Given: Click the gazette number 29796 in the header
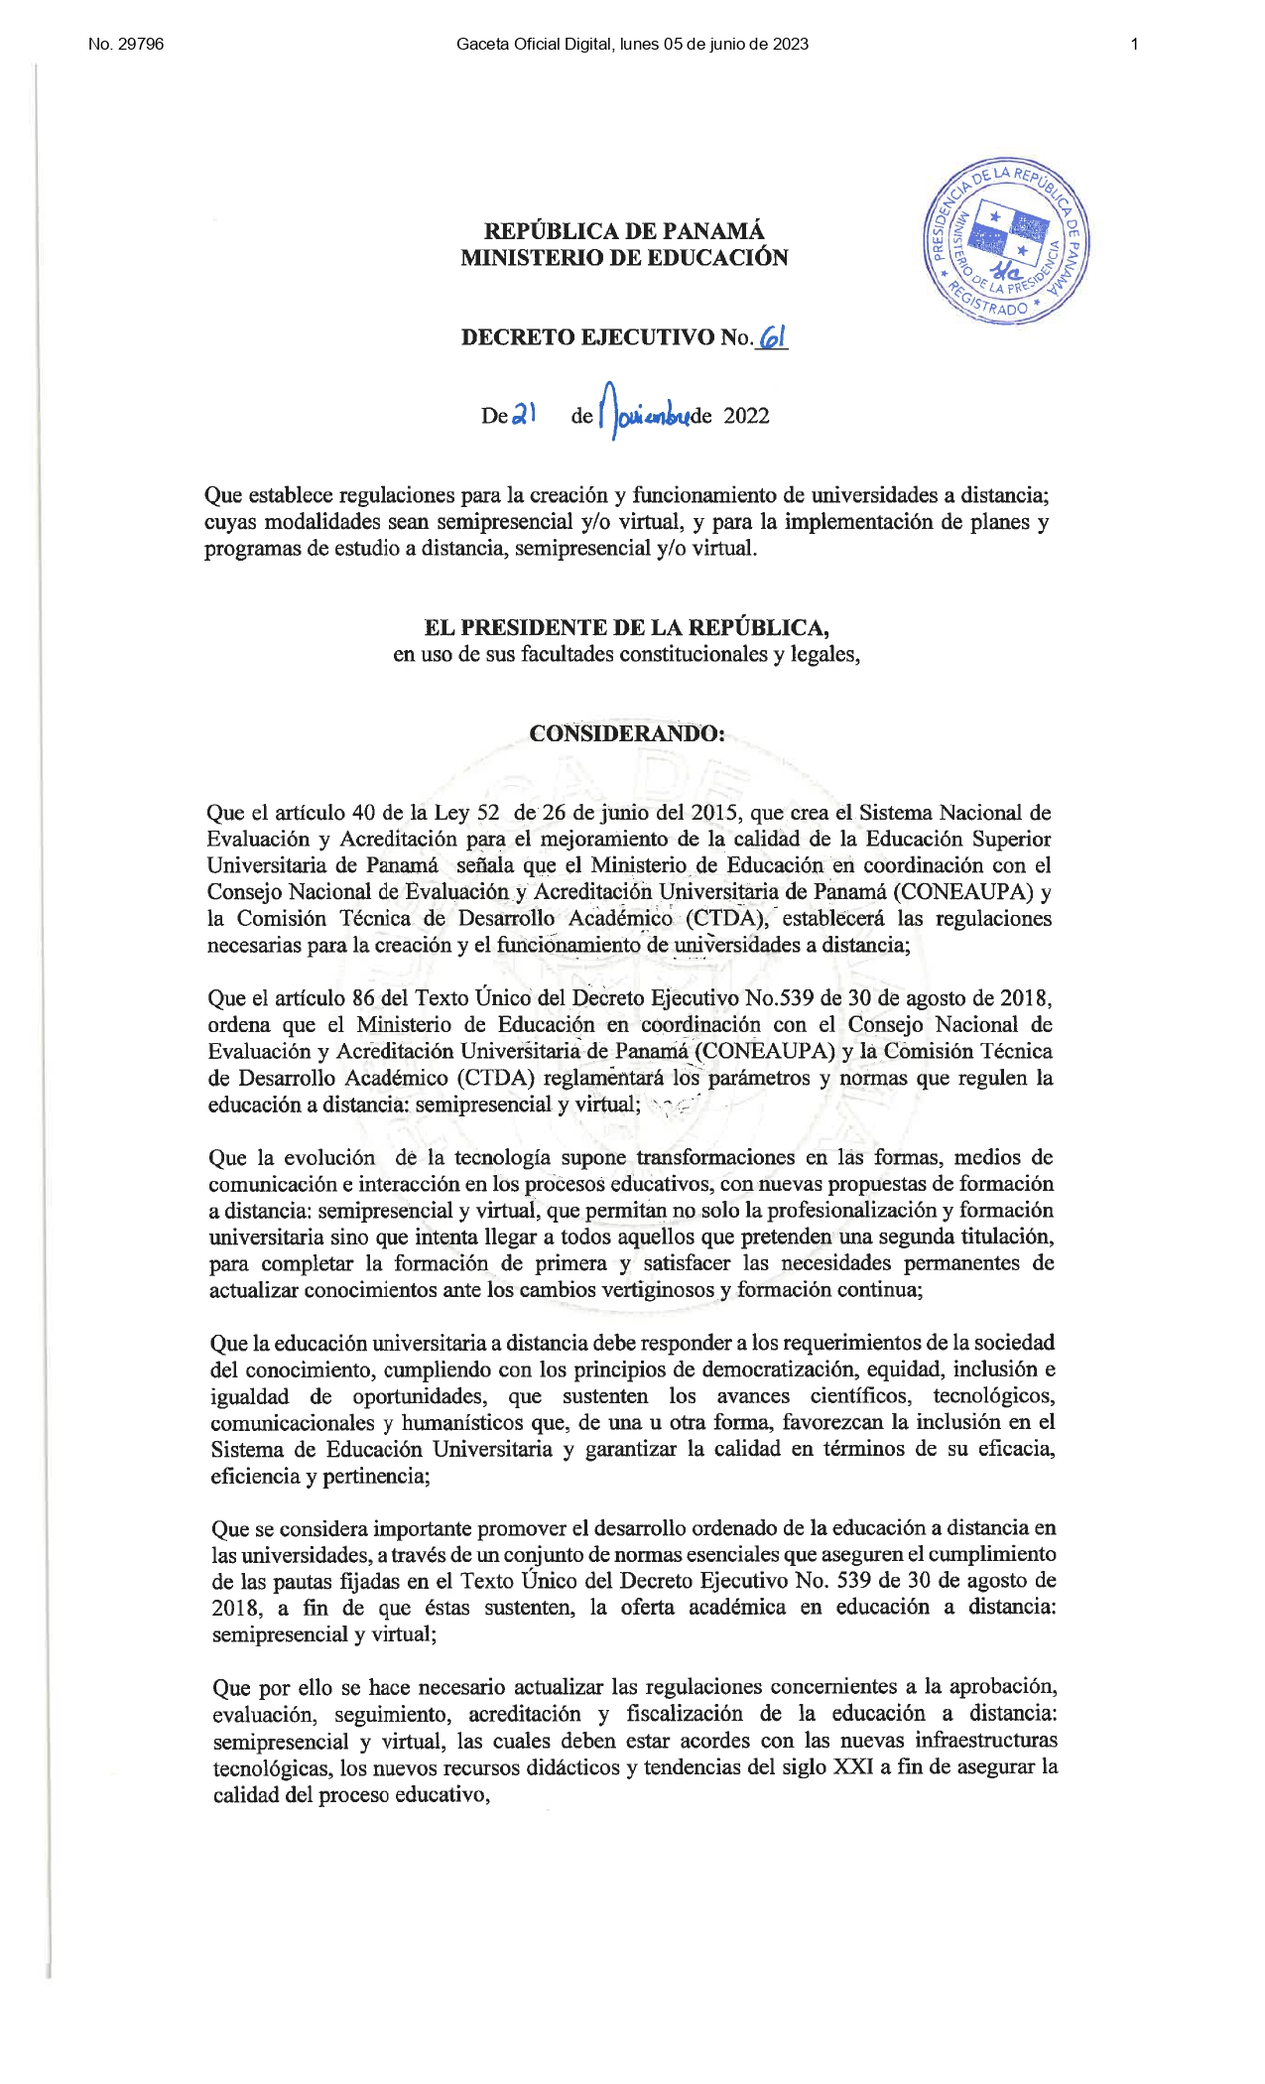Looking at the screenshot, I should (139, 44).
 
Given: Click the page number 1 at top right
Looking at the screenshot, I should (1134, 44).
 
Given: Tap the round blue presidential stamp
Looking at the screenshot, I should (1005, 241).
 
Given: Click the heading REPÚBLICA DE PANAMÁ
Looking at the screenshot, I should (624, 231).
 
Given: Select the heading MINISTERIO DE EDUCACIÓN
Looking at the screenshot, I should (624, 258).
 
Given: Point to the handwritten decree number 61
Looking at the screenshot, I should (772, 337).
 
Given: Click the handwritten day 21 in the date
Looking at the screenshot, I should (523, 416).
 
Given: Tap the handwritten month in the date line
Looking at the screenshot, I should (645, 416).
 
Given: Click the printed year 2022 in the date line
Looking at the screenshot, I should (746, 416).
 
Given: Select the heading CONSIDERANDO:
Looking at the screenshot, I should (626, 733).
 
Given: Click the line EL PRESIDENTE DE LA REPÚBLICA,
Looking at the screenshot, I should (626, 627).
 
